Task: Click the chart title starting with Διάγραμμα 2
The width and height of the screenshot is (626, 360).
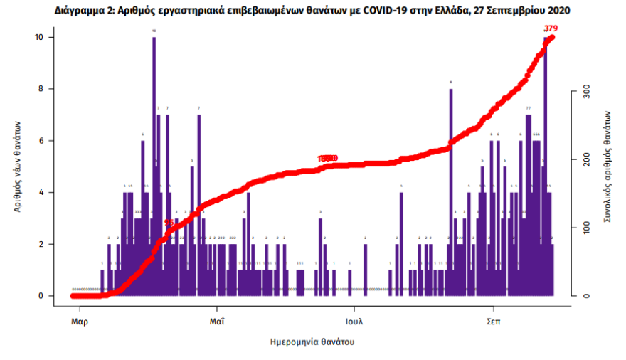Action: (312, 11)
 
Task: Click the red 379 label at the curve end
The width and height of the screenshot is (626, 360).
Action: (550, 28)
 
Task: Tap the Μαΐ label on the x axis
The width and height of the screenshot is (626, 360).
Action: (216, 321)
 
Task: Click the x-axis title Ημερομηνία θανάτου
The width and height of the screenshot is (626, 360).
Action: (312, 342)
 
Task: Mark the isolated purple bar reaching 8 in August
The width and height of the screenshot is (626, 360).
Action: (450, 192)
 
